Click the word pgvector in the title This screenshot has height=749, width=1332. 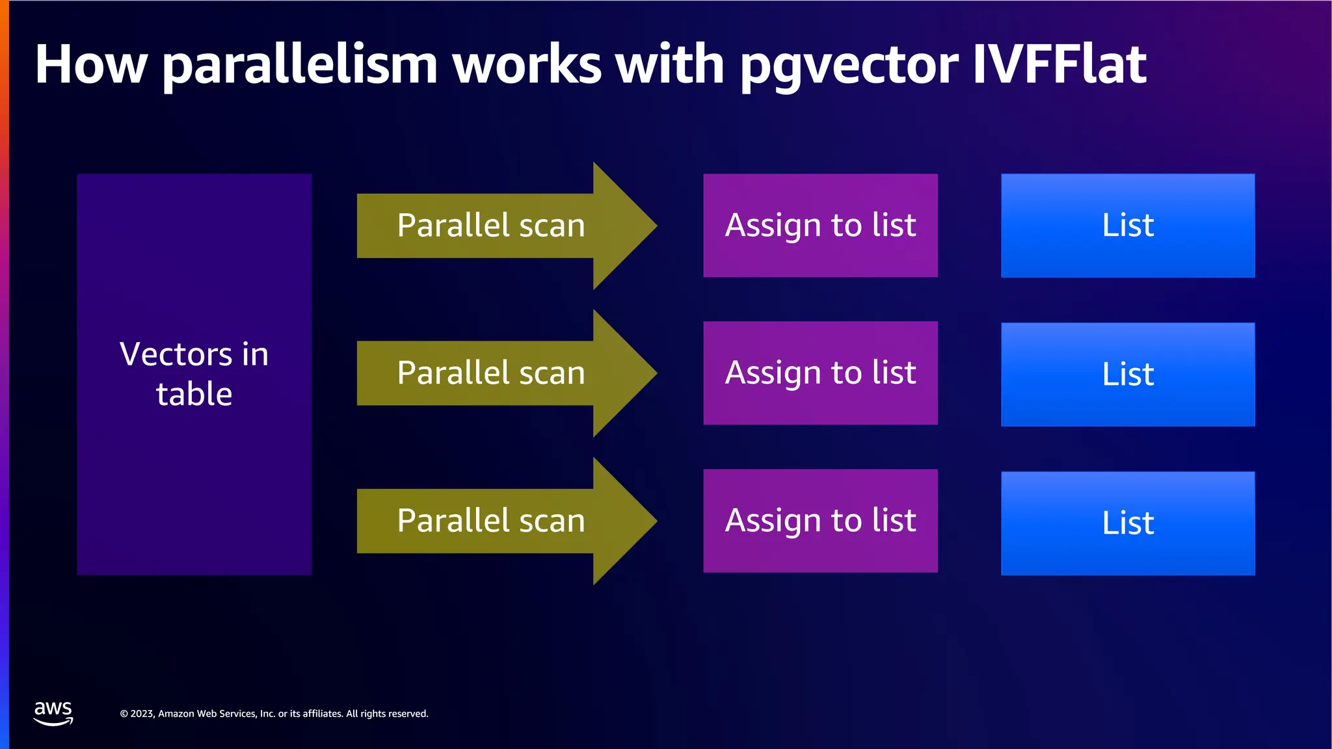(848, 66)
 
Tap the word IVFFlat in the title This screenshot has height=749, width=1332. (1059, 64)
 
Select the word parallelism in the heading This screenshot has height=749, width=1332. (300, 66)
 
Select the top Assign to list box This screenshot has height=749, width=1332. (820, 226)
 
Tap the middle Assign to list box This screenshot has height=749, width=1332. (820, 373)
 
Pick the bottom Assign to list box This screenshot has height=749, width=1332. (820, 521)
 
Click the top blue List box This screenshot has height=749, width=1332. (1128, 226)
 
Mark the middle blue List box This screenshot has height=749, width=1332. (1128, 374)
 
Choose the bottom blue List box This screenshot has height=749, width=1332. (1128, 523)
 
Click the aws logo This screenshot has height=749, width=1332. (53, 713)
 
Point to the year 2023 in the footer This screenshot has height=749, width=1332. (142, 714)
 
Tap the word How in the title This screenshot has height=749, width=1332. (91, 64)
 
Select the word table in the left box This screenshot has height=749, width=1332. (194, 394)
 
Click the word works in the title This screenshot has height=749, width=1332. (527, 64)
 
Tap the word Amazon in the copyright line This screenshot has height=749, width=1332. (176, 714)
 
